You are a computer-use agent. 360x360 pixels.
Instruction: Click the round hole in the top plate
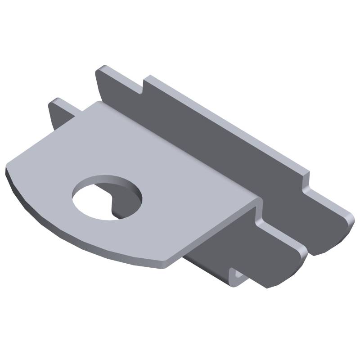pos(107,198)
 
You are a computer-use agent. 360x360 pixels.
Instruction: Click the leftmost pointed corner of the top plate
pos(7,171)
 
